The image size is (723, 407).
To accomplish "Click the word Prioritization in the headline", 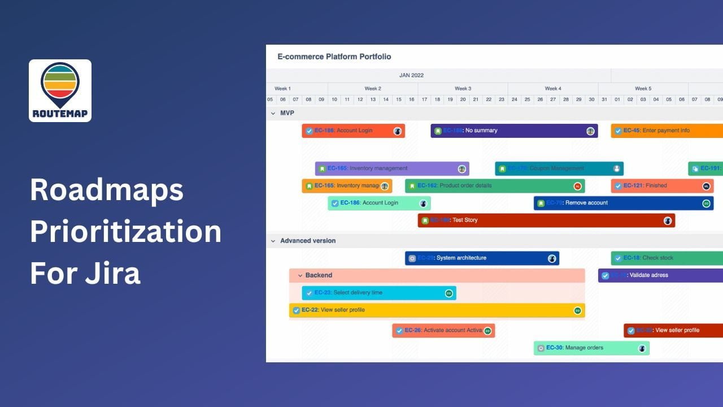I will (x=125, y=232).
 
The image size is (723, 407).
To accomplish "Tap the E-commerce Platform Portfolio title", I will (x=334, y=57).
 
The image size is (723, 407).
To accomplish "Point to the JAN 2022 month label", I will (x=411, y=75).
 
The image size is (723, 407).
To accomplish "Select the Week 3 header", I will (x=463, y=89).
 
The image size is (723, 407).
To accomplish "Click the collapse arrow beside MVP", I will (x=273, y=113).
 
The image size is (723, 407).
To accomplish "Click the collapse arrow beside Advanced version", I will (x=273, y=241).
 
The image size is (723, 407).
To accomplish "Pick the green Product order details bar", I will (x=494, y=186).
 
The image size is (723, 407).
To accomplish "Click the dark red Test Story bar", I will (x=546, y=220).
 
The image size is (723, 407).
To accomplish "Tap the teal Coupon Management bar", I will (x=559, y=168).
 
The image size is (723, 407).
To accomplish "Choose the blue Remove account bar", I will (x=623, y=203).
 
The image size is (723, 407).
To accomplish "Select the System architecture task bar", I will (x=481, y=258).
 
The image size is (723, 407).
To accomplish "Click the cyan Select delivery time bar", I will (x=378, y=293).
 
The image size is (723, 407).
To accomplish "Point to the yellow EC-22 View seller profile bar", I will (x=437, y=310).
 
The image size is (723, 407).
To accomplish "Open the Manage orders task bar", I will (x=591, y=348).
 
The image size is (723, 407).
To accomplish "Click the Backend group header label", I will (x=319, y=275).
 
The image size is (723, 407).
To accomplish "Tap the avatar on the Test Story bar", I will (x=668, y=220).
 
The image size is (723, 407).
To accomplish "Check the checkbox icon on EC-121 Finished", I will (x=618, y=186).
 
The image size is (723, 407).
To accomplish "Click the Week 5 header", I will (x=643, y=89).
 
